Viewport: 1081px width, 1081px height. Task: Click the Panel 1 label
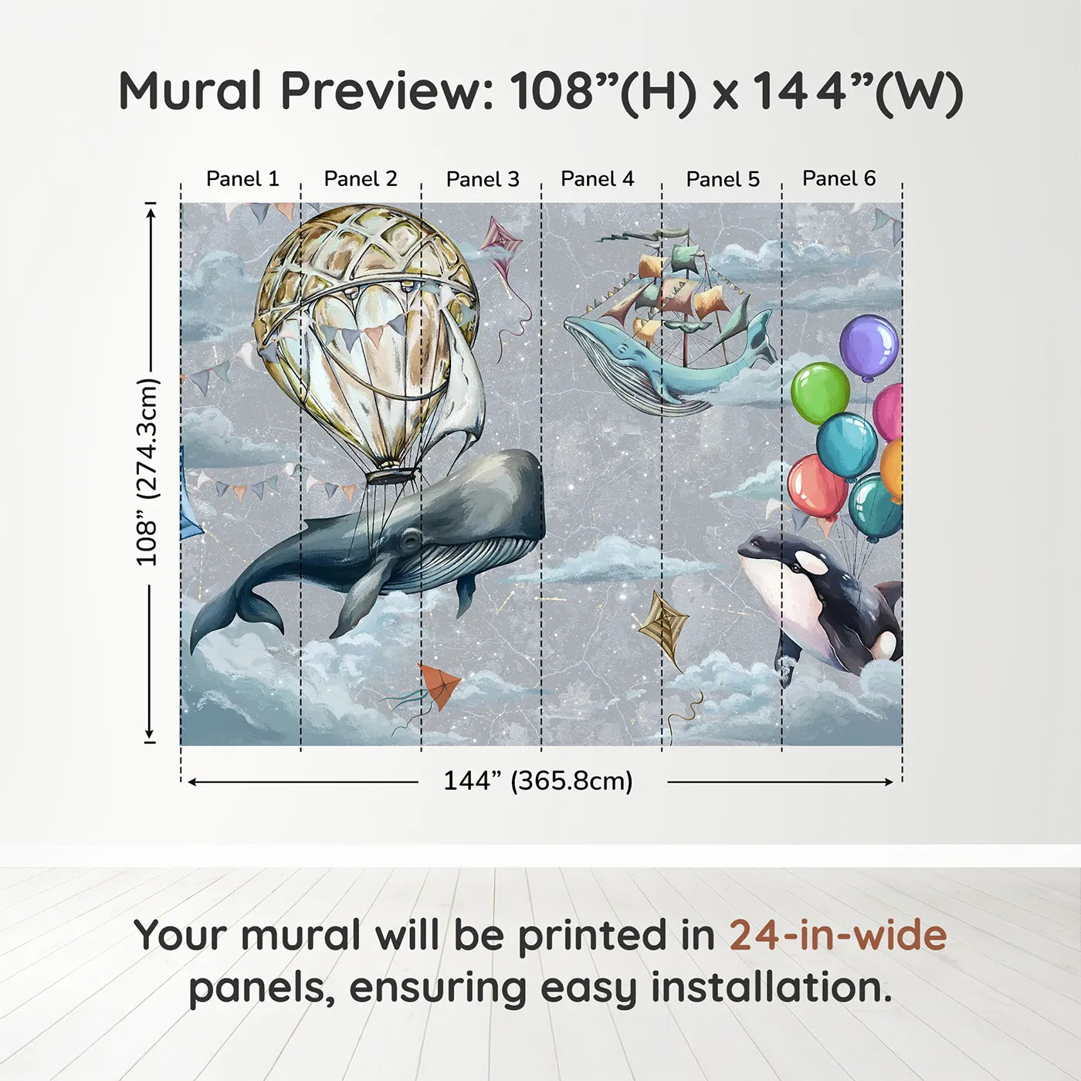click(242, 179)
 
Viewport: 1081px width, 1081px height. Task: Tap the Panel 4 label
click(598, 179)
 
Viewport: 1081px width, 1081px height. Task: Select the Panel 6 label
click(839, 178)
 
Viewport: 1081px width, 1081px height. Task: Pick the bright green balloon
click(820, 393)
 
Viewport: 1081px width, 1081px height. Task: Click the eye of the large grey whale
click(410, 539)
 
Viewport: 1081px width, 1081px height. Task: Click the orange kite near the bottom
click(439, 685)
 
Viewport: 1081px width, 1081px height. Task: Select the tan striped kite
click(664, 628)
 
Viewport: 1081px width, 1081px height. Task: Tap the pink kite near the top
click(501, 240)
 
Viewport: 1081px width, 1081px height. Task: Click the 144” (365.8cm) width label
click(538, 781)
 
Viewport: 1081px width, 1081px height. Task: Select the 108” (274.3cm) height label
click(147, 472)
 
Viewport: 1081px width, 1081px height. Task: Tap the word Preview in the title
click(387, 90)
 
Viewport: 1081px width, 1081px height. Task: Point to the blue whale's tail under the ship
click(760, 337)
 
